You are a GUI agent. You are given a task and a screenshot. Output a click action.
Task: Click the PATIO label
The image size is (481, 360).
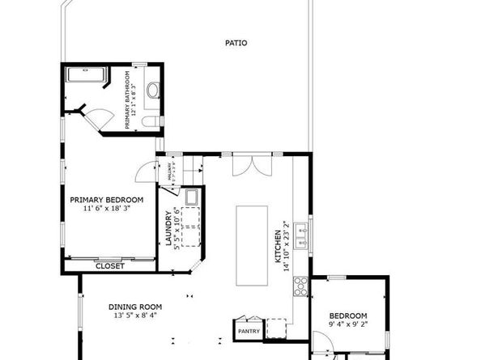(236, 44)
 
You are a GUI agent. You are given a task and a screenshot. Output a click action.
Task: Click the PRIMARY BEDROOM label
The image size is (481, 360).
(106, 200)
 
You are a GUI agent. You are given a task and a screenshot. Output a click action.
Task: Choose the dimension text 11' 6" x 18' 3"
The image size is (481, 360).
(106, 209)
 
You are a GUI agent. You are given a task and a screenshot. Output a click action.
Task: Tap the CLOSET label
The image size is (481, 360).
(109, 265)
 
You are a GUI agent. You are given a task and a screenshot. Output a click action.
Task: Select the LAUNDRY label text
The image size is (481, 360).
(169, 229)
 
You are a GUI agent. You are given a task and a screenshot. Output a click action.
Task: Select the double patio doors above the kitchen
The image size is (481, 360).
(245, 165)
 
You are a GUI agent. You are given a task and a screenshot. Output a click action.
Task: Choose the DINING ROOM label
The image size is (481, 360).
(135, 307)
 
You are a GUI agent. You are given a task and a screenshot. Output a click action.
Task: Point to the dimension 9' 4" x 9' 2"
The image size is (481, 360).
(347, 324)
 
